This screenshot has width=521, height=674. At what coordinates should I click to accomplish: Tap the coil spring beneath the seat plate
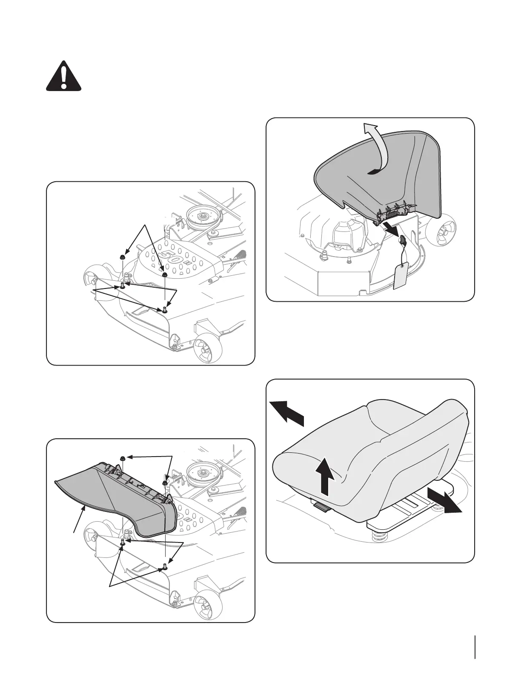coord(378,538)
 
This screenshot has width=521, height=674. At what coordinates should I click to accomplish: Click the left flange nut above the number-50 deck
coord(121,257)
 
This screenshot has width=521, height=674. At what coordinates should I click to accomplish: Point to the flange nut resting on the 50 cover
coord(164,275)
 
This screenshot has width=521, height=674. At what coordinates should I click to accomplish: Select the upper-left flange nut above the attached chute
coord(123,458)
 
